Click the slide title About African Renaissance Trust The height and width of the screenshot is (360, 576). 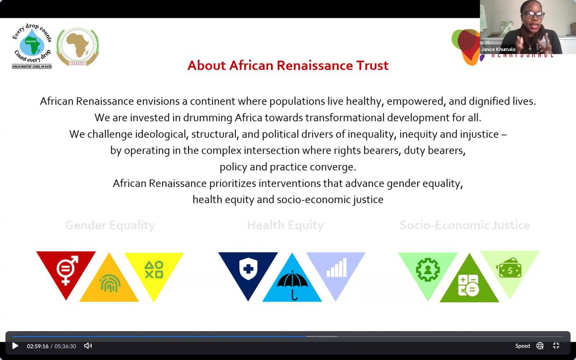coord(288,65)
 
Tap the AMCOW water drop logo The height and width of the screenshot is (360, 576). coord(32,47)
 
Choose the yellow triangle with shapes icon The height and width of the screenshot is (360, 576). coord(154,269)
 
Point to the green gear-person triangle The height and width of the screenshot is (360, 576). coord(427,269)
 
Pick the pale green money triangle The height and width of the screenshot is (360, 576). coord(510,269)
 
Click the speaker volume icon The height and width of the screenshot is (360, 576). coord(88,346)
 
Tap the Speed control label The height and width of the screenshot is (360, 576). coord(523,346)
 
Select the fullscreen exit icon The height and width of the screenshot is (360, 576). coord(556,346)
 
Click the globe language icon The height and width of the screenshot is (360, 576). coord(540,346)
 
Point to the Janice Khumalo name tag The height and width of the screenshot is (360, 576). coord(498,49)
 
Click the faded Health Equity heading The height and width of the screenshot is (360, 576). coord(286,225)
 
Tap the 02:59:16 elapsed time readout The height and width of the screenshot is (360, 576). coord(37,346)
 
